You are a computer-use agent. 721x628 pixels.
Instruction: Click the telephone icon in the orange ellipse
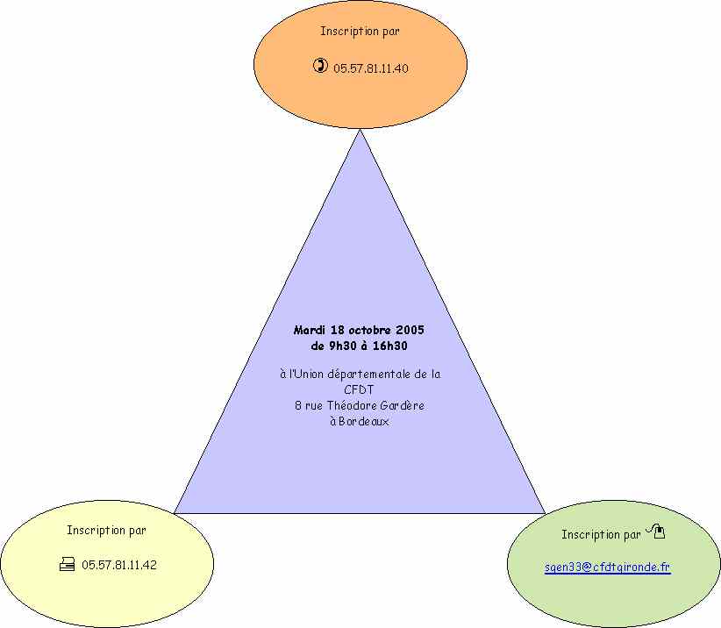[x=320, y=65]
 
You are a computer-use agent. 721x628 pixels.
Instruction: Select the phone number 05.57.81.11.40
[x=371, y=68]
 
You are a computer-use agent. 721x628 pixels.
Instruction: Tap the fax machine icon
[x=68, y=564]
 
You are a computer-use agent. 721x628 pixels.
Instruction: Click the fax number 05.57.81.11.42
[x=119, y=565]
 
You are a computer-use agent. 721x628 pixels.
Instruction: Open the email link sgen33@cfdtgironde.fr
[x=608, y=567]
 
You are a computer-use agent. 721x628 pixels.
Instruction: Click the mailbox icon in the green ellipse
[x=656, y=531]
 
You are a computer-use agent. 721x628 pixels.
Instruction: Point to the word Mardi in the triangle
[x=310, y=330]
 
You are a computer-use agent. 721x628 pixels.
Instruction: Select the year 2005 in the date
[x=410, y=330]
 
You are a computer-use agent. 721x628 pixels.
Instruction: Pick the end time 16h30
[x=390, y=346]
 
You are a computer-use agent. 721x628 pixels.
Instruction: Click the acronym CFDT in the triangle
[x=359, y=389]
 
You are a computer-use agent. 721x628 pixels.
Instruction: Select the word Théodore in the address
[x=352, y=405]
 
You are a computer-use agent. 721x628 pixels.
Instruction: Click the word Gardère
[x=403, y=405]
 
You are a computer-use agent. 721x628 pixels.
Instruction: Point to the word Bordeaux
[x=364, y=421]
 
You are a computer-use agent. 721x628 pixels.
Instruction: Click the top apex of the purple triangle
[x=360, y=130]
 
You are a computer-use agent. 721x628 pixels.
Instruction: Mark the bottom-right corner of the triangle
[x=546, y=513]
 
